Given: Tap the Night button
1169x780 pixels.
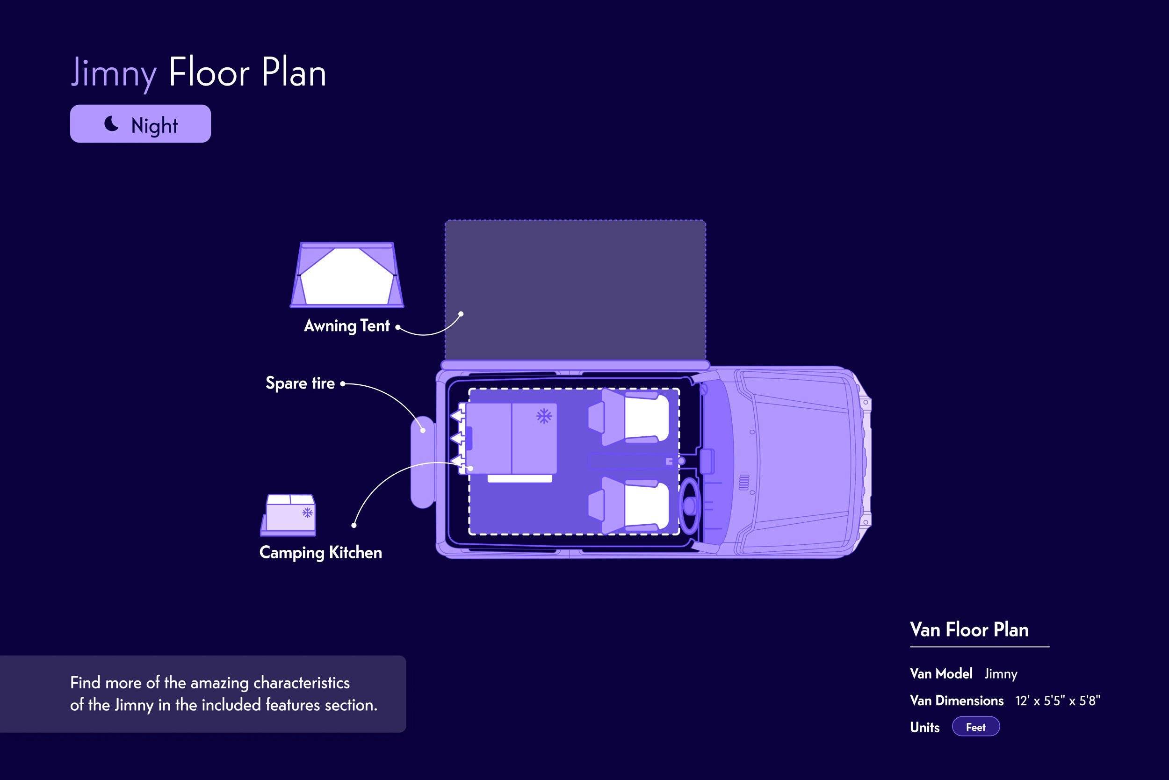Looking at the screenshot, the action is tap(140, 124).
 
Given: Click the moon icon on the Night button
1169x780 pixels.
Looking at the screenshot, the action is tap(111, 123).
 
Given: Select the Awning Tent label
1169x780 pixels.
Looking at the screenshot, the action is tap(346, 326).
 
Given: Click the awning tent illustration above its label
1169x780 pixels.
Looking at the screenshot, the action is tap(346, 274).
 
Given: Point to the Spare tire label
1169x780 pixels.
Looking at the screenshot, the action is tap(300, 383).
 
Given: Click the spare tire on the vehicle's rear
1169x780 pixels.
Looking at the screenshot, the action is tap(423, 462).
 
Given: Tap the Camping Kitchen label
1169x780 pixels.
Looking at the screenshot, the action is tap(321, 553).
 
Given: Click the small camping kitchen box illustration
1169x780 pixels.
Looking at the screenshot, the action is tap(289, 515).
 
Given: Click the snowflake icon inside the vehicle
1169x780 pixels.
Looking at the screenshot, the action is tap(544, 416).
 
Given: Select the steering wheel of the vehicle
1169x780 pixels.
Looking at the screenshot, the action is tap(689, 506).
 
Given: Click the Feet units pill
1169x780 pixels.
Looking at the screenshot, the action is tap(975, 727).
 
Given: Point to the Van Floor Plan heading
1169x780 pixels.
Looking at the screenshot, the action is tap(969, 630).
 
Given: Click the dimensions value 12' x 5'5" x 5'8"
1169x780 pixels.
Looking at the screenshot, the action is tap(1058, 701).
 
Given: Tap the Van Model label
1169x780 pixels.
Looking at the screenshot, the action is tap(941, 673).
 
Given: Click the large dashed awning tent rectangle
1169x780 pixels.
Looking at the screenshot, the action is tap(576, 290).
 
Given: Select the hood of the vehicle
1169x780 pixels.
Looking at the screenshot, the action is tap(796, 462).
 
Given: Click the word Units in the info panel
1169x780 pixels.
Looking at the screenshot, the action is tap(925, 727).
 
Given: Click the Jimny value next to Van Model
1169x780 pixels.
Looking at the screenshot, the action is tap(1001, 674).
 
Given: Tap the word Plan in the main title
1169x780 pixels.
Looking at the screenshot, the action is tap(294, 72).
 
